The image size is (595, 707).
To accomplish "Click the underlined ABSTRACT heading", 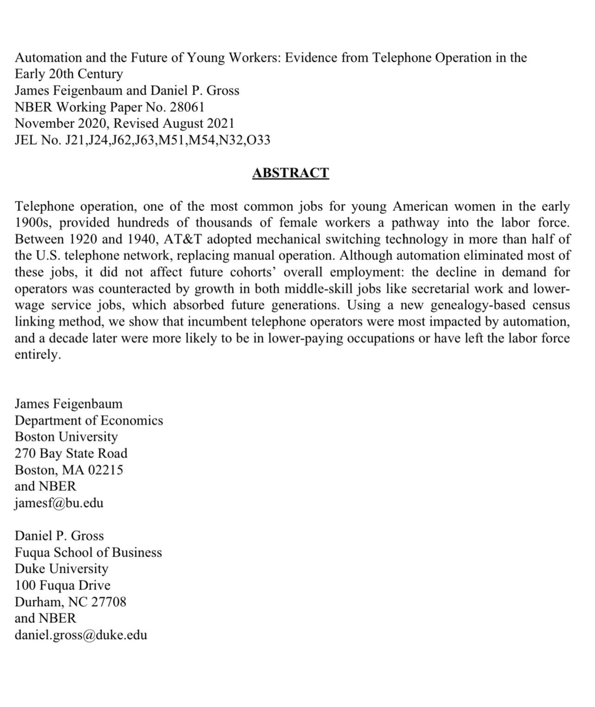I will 290,173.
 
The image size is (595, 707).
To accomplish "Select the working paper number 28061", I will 187,107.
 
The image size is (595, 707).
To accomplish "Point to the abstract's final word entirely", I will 37,355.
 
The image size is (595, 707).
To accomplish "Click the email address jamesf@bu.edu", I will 59,503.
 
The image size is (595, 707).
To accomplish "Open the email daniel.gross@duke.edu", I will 81,635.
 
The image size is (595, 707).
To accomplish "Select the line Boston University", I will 66,437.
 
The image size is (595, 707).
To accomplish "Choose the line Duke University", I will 61,569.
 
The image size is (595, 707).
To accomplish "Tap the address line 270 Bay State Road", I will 71,454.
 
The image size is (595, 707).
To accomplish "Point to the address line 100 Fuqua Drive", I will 62,586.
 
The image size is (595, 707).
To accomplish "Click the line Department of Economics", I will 88,421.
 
